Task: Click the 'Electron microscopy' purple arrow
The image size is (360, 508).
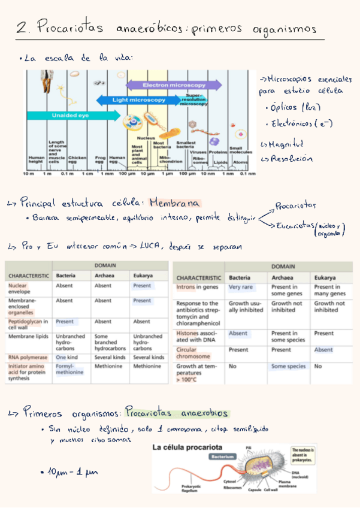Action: pos(165,86)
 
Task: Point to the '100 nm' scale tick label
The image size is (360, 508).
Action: pos(188,174)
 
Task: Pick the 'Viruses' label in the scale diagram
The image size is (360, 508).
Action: pos(198,152)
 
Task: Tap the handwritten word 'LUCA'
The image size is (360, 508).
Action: pos(155,246)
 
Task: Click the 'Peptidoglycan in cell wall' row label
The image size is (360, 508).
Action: pos(29,325)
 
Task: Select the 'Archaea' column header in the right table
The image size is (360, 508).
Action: pos(282,277)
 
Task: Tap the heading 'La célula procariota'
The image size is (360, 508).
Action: pos(187,447)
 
